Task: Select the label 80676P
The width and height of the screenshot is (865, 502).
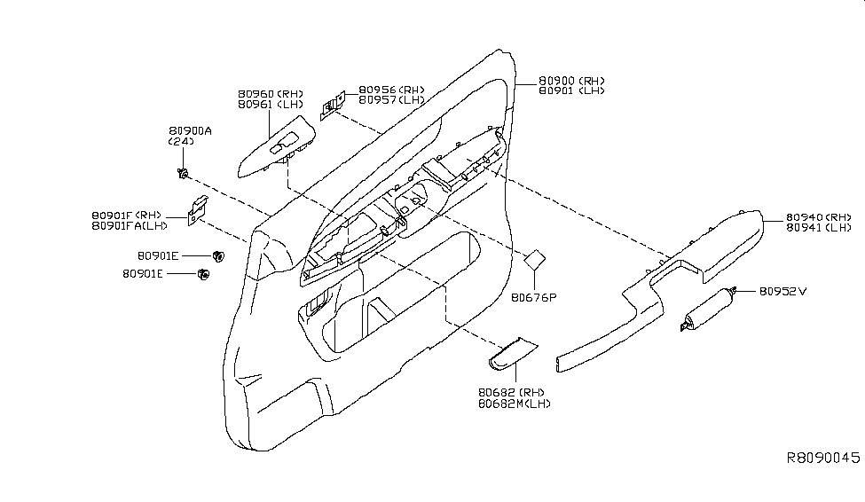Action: [x=533, y=296]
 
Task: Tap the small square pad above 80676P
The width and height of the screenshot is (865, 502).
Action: [x=534, y=260]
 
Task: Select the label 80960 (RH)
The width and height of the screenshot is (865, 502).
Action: [x=270, y=93]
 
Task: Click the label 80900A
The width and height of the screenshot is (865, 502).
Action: [x=190, y=130]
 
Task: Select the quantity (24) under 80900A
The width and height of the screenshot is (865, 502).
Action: [x=181, y=142]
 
